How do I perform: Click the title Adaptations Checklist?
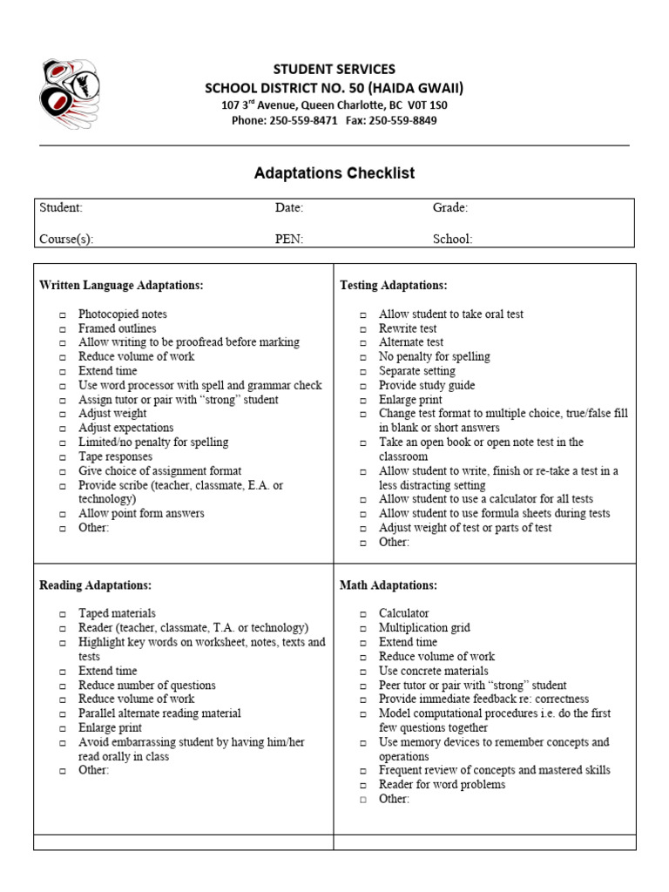[x=334, y=173]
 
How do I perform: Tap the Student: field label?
[x=61, y=208]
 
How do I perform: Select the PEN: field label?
[x=289, y=240]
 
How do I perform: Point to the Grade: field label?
[x=450, y=208]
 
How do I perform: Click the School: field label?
[x=452, y=240]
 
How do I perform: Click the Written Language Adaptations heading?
[x=121, y=286]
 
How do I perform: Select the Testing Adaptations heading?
[x=393, y=286]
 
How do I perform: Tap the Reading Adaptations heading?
[x=95, y=585]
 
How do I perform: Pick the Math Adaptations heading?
[x=388, y=585]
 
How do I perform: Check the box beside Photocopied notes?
[x=63, y=315]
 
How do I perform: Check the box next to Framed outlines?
[x=63, y=329]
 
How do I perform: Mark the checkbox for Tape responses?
[x=63, y=457]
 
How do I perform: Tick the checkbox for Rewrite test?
[x=363, y=329]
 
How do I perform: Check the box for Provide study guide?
[x=363, y=386]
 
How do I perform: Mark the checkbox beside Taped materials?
[x=63, y=614]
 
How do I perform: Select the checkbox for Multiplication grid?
[x=363, y=629]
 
